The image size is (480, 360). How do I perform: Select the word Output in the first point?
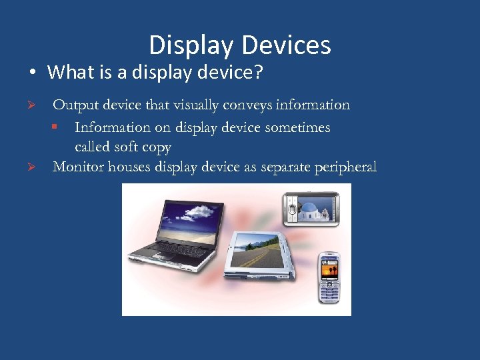(74, 105)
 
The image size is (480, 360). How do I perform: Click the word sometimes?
(295, 127)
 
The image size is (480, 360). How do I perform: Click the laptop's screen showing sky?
(188, 220)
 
